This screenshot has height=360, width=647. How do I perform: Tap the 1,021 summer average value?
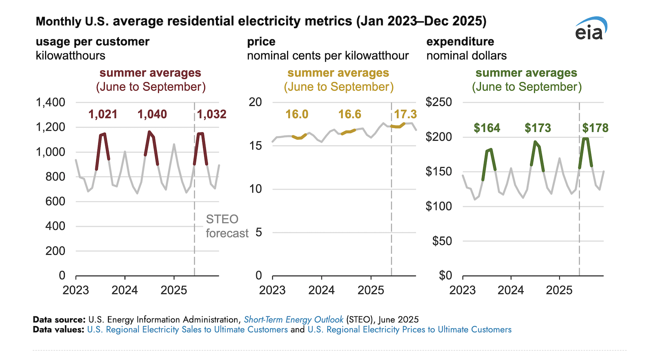(103, 114)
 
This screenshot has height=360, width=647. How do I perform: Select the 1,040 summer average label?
(152, 114)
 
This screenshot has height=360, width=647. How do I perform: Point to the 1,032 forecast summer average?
(211, 114)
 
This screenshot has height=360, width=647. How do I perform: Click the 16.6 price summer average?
(349, 114)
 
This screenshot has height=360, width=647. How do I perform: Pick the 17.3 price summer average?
(405, 114)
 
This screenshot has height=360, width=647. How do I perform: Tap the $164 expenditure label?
(487, 128)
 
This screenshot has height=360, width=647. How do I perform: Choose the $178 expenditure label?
(595, 128)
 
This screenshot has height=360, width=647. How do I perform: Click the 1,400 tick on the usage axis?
(51, 102)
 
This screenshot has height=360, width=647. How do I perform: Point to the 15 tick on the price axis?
(256, 146)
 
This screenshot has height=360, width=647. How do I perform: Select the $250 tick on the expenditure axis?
(439, 102)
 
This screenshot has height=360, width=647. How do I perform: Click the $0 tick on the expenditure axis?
(445, 275)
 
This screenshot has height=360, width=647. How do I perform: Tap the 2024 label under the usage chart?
(125, 290)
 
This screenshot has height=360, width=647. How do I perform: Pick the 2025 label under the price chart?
(371, 290)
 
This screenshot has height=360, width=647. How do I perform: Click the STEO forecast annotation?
(226, 226)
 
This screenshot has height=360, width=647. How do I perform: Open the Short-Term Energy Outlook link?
(294, 320)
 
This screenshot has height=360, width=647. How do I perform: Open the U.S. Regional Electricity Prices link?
(409, 330)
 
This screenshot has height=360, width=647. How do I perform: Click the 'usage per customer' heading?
(93, 42)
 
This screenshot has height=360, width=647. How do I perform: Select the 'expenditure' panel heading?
(460, 42)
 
